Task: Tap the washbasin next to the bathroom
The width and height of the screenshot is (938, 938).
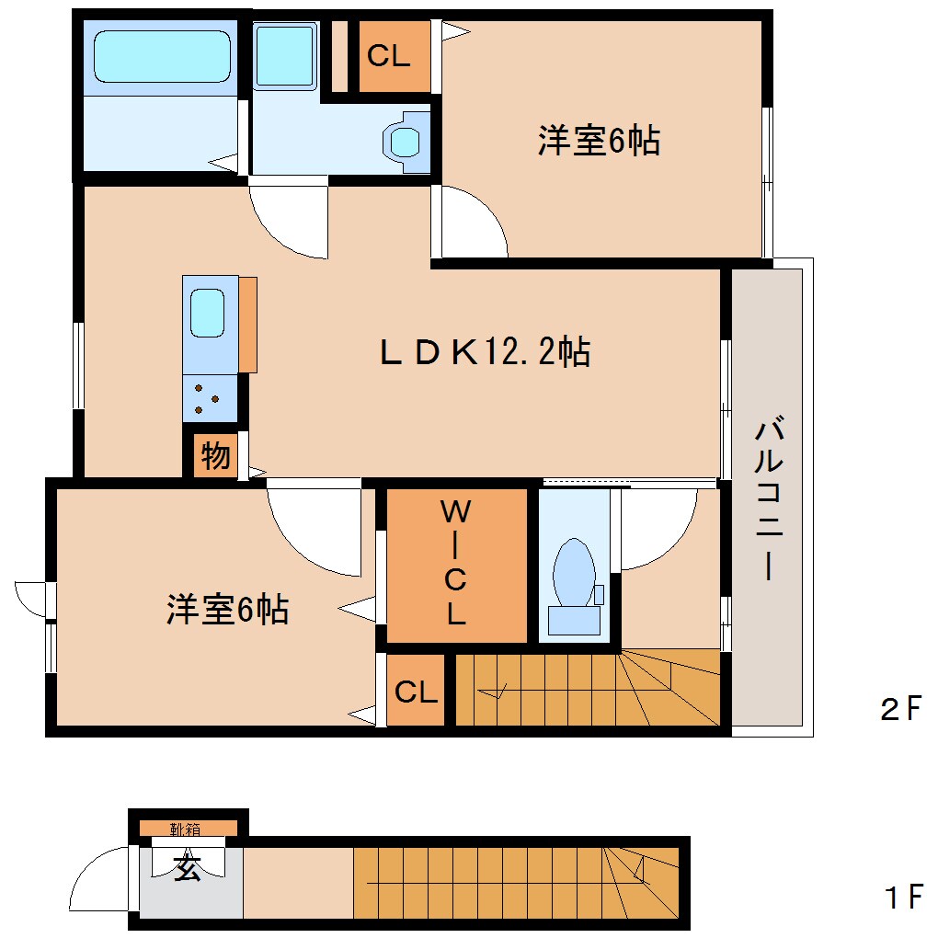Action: click(x=286, y=56)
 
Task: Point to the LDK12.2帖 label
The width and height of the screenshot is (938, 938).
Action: click(x=485, y=351)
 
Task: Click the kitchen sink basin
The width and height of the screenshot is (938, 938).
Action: click(x=207, y=314)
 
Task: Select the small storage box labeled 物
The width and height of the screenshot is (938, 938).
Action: click(x=215, y=455)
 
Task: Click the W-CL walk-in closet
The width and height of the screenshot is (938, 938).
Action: click(x=456, y=564)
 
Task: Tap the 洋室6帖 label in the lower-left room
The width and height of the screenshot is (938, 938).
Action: click(x=227, y=609)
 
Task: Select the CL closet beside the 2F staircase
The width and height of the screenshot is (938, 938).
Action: click(x=416, y=692)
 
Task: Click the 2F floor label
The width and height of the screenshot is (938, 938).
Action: click(x=900, y=709)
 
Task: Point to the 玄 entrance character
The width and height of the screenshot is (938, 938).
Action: click(x=189, y=868)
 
